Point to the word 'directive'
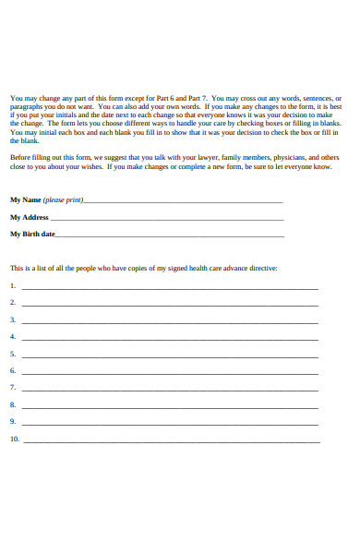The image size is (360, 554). click(260, 268)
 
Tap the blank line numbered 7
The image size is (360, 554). click(170, 389)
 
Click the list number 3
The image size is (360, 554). click(13, 319)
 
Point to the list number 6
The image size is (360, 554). click(13, 370)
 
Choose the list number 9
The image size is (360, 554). click(13, 422)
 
